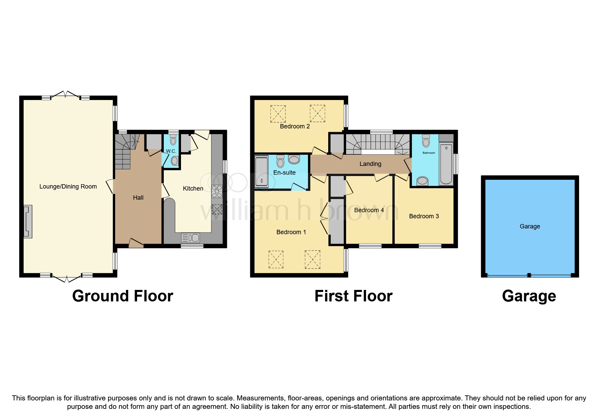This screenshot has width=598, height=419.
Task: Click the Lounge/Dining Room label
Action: tap(68, 187)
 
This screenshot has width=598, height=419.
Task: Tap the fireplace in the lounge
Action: tap(28, 221)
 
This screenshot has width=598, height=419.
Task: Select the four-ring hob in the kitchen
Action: tap(217, 191)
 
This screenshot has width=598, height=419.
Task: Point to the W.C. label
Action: tap(171, 151)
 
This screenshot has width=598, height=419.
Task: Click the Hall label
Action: tap(138, 198)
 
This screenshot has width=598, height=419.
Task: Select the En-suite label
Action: tap(284, 173)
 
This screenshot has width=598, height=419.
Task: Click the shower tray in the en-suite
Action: tap(261, 171)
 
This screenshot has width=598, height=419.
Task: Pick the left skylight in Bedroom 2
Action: tap(278, 114)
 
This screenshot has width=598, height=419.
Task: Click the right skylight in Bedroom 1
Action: tap(312, 260)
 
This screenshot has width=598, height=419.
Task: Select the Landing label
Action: tap(370, 164)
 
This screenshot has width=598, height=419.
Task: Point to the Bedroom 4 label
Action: tap(369, 210)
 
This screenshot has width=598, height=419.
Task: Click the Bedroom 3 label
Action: tap(424, 216)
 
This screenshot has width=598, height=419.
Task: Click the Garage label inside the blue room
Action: tap(529, 226)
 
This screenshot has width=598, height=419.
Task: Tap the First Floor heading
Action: tap(353, 296)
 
